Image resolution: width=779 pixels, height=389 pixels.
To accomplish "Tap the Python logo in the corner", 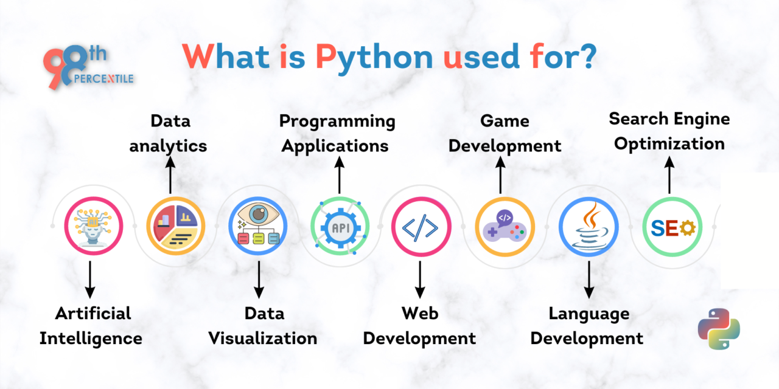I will (719, 329).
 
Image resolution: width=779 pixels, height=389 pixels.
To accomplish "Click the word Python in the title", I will (374, 57).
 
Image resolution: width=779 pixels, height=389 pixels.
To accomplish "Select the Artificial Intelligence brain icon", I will (93, 226).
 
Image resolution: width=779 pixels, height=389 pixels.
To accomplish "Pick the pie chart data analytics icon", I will (176, 226).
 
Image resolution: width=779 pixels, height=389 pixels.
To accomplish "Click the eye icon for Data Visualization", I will (258, 226).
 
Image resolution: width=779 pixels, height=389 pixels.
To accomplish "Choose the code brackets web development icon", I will (421, 226).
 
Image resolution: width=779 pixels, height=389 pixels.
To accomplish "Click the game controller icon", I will (505, 226).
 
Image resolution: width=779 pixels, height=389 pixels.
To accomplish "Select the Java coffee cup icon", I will (588, 226).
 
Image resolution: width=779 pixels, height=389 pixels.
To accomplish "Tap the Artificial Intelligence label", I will (91, 326).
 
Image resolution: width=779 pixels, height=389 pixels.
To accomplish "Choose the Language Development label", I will (587, 326).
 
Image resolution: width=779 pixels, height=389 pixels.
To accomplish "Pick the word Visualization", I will (263, 338).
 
